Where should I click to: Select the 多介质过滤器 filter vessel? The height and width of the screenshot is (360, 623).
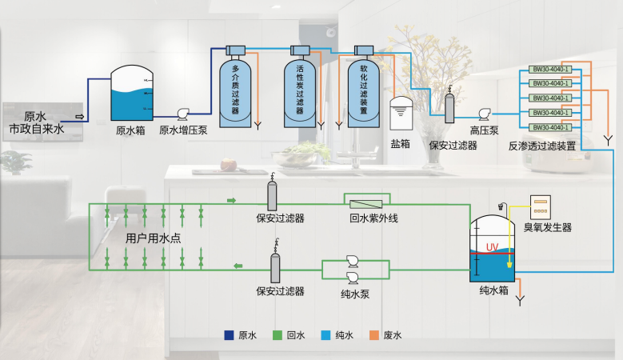pos(235,88)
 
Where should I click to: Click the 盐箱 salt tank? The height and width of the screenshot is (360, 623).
pos(400,114)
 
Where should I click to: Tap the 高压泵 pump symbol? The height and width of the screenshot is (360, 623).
pos(484,114)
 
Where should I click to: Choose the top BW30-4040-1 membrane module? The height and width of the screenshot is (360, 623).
pos(550,69)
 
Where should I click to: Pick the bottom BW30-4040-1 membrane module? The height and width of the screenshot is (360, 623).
pos(550,127)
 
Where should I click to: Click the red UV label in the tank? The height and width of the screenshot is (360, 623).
pos(493,247)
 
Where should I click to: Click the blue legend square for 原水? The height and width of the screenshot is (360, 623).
pos(229,336)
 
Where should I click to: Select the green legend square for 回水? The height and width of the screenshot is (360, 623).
pos(277,336)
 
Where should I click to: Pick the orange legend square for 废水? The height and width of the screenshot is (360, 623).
pos(373,336)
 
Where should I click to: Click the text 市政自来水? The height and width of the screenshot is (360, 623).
pos(36,128)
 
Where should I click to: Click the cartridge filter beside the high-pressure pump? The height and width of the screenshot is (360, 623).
pos(449,106)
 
